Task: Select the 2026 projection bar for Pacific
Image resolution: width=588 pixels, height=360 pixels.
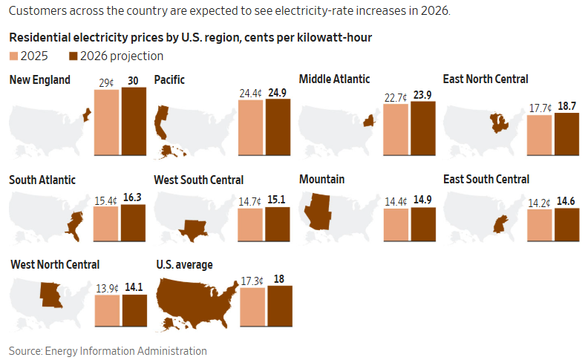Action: click(x=278, y=128)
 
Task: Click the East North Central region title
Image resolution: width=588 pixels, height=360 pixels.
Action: click(x=486, y=79)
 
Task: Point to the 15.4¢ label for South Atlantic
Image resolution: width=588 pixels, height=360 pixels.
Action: click(x=106, y=200)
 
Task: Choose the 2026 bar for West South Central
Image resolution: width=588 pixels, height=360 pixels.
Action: click(x=278, y=224)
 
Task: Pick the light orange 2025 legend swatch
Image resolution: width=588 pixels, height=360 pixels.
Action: click(x=14, y=56)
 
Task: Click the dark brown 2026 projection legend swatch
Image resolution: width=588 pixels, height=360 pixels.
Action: click(x=73, y=56)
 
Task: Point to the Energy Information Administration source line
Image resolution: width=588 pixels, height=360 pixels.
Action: click(x=108, y=351)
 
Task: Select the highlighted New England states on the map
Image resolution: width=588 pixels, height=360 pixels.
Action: click(x=86, y=115)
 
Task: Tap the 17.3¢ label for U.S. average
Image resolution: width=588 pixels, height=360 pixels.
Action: click(x=252, y=281)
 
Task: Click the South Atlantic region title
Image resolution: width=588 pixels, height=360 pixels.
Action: click(x=42, y=180)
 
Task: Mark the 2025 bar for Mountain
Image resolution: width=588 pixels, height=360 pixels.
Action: click(x=396, y=225)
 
